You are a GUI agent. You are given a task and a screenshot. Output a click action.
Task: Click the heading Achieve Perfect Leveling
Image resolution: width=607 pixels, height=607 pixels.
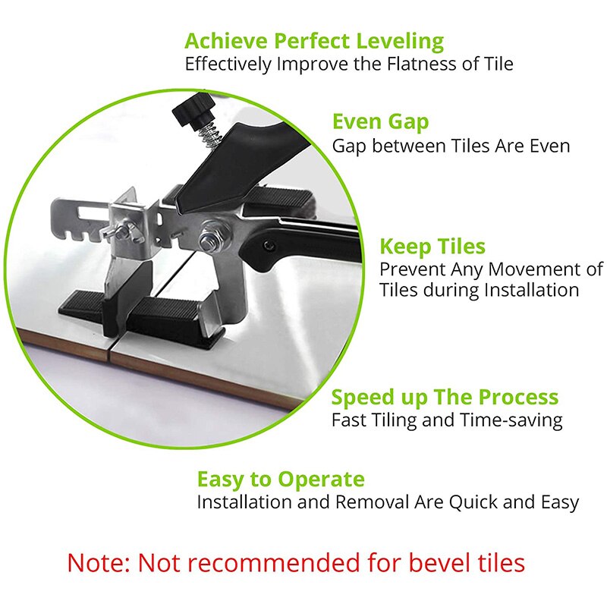point(314,40)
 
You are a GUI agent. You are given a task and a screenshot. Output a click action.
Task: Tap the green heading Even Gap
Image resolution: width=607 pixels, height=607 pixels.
point(380,121)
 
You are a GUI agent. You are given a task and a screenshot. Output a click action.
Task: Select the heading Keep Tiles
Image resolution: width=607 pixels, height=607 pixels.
point(432,247)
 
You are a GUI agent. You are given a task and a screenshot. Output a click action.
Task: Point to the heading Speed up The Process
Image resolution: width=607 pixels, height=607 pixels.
point(445,397)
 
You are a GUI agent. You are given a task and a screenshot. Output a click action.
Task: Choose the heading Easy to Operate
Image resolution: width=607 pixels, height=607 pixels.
point(281,480)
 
